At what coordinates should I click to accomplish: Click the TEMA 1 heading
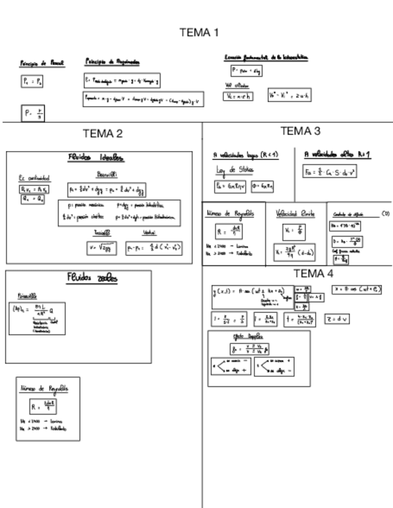coord(199,32)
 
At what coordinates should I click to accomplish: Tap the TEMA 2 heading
coord(102,134)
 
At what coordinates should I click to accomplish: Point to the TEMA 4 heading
coord(313,274)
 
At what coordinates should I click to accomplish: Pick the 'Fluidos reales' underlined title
coord(92,278)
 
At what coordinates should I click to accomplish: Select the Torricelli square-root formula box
coord(102,247)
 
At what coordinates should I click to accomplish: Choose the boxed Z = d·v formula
coord(337,319)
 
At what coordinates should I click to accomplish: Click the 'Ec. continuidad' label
coord(34,178)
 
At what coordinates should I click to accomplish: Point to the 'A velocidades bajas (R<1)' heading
coord(246,155)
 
